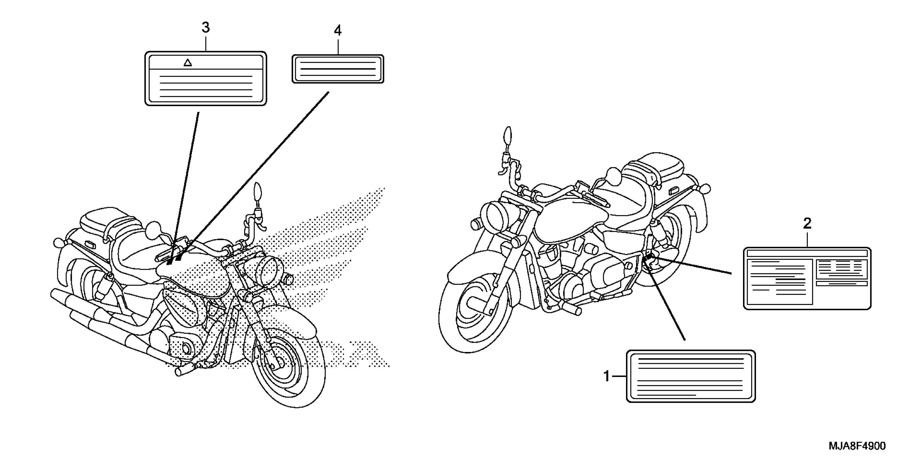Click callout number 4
[338, 31]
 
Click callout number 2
[807, 224]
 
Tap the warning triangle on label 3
[188, 63]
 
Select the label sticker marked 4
[338, 69]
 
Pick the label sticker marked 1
[691, 377]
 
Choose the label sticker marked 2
[807, 278]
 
